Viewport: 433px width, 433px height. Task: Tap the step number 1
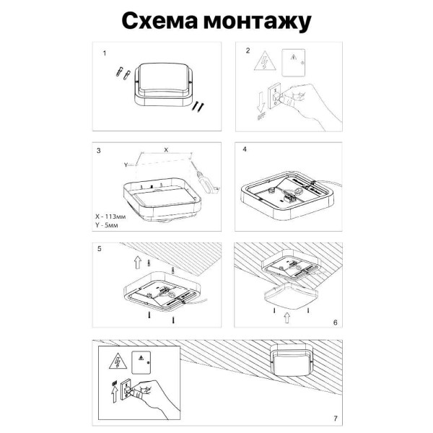[x=105, y=53]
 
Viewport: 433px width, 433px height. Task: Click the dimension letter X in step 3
[x=166, y=149]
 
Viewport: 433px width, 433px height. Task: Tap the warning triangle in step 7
[x=115, y=360]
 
